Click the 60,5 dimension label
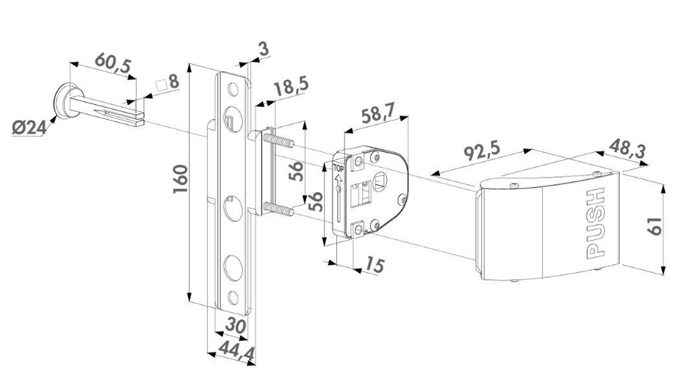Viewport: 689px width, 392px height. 112,61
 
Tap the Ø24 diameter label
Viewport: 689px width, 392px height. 28,126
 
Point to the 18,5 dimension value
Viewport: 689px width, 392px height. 291,88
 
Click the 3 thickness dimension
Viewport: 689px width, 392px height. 262,48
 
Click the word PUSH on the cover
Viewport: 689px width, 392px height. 596,224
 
